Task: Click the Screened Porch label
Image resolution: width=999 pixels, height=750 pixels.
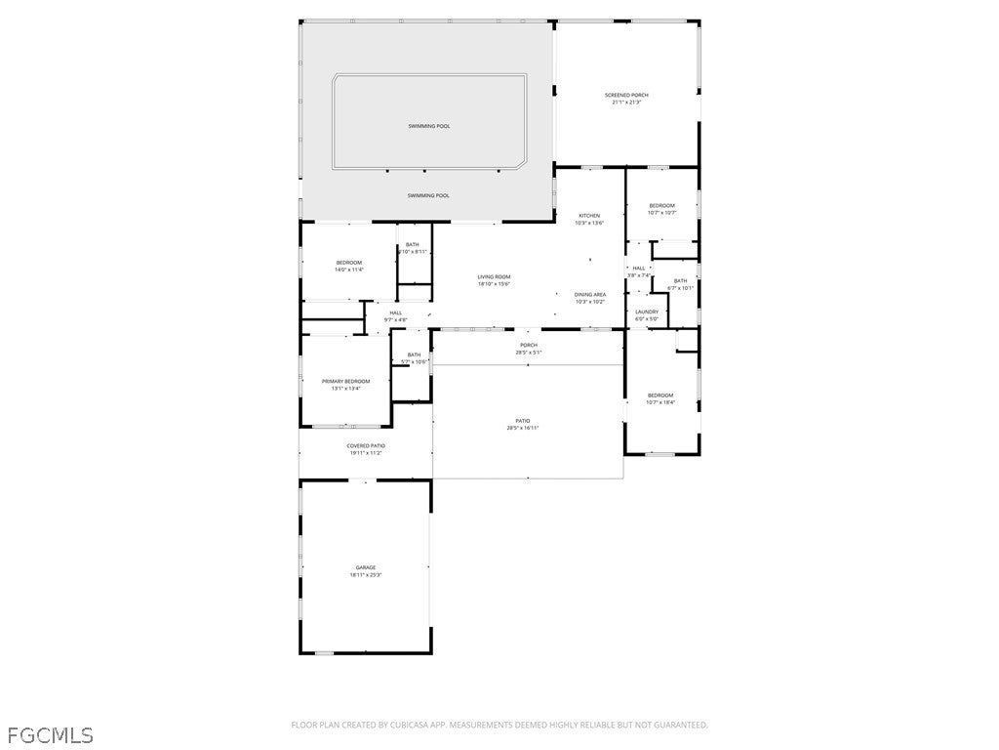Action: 626,95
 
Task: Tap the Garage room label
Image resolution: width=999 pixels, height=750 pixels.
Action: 365,567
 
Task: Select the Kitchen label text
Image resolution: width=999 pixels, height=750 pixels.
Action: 589,215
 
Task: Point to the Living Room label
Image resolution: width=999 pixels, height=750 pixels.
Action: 494,276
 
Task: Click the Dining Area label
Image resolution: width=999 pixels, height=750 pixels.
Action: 589,294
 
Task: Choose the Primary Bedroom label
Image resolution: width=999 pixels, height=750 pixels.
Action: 346,381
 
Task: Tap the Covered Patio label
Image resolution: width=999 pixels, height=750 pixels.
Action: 366,445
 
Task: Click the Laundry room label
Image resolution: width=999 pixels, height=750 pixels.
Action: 647,312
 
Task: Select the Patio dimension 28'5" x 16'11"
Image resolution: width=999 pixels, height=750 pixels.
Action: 523,428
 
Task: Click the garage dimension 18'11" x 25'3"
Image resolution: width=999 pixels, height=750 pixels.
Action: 365,575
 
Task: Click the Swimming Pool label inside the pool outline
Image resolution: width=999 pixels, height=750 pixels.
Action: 429,126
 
